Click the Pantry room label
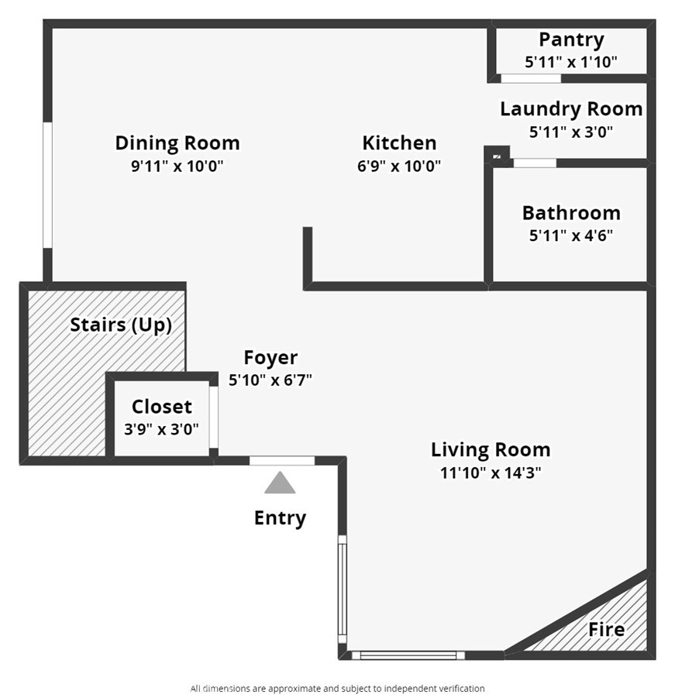[571, 40]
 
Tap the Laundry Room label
[571, 109]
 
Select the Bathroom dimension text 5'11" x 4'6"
[571, 235]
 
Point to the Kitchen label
[399, 143]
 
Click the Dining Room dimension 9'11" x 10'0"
[177, 166]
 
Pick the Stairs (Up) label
[121, 325]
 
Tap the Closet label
[162, 407]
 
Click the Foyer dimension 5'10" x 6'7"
[270, 380]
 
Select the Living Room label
[491, 449]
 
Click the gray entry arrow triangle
[280, 483]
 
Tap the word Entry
[280, 518]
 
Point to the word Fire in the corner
[607, 630]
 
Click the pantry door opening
[531, 78]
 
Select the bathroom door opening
[535, 163]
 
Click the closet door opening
[214, 417]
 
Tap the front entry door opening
[282, 461]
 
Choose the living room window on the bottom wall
[408, 655]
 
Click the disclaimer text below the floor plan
[338, 688]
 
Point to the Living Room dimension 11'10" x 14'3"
[491, 473]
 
